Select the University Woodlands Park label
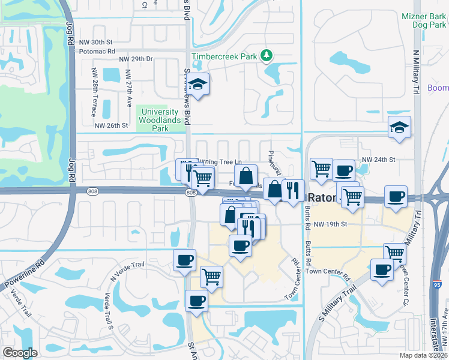[x=158, y=120]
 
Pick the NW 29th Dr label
[x=136, y=59]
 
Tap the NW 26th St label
[x=112, y=125]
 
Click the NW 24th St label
[x=379, y=160]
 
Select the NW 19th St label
[x=331, y=224]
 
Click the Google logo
[x=20, y=352]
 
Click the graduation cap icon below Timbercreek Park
[x=199, y=85]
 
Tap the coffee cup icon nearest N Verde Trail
[x=184, y=260]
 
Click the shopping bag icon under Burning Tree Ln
[x=246, y=176]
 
